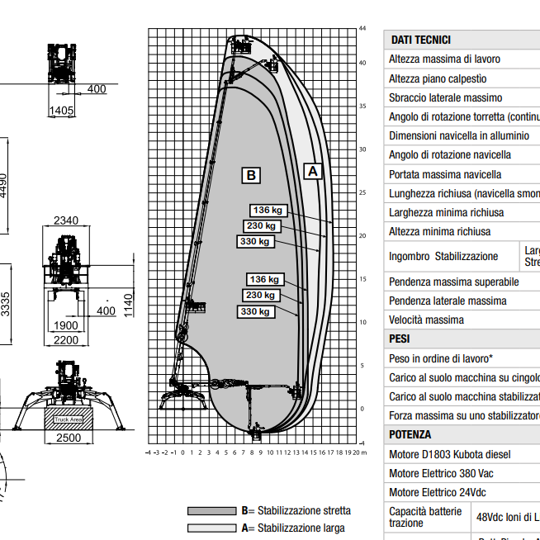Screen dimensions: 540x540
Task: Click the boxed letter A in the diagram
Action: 312,171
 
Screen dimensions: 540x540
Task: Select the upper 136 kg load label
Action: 267,210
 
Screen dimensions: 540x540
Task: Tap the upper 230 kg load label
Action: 261,225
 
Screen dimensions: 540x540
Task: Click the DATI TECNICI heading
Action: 421,40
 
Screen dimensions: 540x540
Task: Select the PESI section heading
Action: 400,339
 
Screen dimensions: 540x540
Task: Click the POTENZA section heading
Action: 410,434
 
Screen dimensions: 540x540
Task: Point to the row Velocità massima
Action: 426,320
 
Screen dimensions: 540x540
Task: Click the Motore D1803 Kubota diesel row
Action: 450,454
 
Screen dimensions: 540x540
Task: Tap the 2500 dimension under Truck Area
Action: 69,438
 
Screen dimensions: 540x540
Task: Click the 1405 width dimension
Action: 62,111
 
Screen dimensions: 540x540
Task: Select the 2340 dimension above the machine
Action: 65,220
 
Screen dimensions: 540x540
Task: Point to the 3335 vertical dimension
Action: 7,305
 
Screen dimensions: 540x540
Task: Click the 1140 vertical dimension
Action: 128,305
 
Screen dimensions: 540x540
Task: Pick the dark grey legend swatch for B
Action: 211,511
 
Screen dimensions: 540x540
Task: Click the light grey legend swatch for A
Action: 211,528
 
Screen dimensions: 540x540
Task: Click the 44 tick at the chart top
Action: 362,29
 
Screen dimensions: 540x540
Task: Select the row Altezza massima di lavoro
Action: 444,59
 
